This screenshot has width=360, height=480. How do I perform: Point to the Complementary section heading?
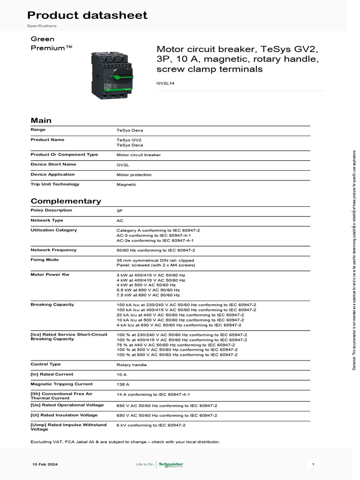[66, 201]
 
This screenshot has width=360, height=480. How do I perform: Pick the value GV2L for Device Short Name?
[122, 165]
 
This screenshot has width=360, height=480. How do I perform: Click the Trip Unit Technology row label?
[55, 184]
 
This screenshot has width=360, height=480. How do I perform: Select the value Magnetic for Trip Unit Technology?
[126, 185]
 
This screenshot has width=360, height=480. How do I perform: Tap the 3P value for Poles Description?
[120, 211]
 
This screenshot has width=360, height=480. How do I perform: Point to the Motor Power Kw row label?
[49, 274]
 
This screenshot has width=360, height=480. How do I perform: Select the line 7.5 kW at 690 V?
[148, 295]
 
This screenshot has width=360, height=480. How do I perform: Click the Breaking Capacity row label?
[52, 305]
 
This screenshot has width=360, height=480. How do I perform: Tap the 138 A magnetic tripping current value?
[123, 384]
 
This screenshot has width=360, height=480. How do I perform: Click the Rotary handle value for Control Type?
[131, 365]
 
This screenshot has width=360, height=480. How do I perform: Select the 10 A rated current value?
[121, 375]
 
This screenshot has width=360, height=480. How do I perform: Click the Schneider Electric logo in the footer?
[171, 465]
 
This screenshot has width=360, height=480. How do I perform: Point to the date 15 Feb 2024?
[45, 465]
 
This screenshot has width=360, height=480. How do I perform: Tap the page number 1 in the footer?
[313, 465]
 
